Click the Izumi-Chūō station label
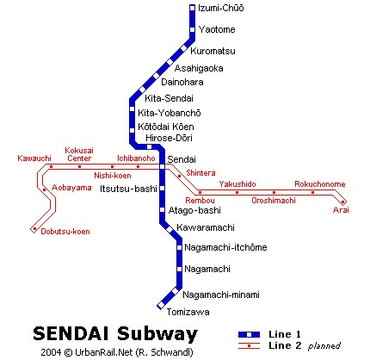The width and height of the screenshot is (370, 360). (x=221, y=8)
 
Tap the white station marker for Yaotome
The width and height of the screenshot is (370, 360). (x=193, y=29)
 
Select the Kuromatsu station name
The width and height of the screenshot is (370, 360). (x=213, y=51)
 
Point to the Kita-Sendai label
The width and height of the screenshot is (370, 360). (x=169, y=98)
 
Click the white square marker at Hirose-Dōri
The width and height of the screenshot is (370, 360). (x=149, y=147)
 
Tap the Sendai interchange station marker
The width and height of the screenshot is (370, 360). (x=163, y=166)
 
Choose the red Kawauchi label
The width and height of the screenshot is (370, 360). (x=34, y=158)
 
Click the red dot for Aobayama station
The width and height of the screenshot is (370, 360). (x=44, y=189)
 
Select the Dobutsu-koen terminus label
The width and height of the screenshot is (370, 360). (x=65, y=232)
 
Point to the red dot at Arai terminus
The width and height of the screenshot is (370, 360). (x=342, y=202)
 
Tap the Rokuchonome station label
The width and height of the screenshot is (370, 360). (x=320, y=184)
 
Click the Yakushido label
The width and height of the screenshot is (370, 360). (x=237, y=184)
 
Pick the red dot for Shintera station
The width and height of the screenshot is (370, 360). (x=180, y=176)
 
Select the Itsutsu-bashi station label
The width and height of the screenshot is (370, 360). (x=128, y=189)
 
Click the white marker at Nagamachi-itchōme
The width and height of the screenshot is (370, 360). (x=180, y=247)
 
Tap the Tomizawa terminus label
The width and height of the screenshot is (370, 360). (x=188, y=312)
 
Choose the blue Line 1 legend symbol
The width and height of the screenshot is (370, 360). (x=249, y=334)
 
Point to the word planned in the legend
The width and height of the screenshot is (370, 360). (x=324, y=346)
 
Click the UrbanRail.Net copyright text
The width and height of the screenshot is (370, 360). (x=117, y=352)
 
